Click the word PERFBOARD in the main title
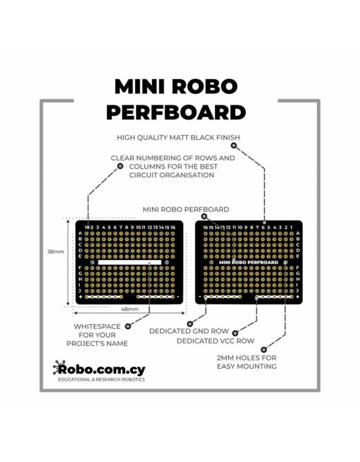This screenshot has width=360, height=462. [x=176, y=112]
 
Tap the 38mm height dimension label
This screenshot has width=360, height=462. [x=56, y=252]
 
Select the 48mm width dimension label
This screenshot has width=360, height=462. [x=130, y=309]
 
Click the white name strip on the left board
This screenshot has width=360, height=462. [x=130, y=262]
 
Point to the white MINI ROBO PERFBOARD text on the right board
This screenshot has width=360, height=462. [x=249, y=262]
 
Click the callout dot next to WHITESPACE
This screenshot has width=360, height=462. [x=128, y=326]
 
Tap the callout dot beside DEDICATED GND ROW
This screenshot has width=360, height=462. [x=190, y=324]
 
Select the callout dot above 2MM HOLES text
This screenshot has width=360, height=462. [x=264, y=350]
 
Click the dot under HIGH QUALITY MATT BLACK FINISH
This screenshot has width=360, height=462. [x=234, y=145]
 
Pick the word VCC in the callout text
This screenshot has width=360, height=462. [x=227, y=341]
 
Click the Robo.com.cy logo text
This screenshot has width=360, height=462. [x=99, y=369]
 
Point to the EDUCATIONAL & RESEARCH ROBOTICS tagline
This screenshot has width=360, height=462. [x=101, y=379]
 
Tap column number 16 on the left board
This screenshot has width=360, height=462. [x=173, y=227]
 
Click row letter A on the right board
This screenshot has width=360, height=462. [x=298, y=233]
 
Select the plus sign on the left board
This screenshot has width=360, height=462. [x=80, y=297]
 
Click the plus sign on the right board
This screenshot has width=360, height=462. [x=298, y=297]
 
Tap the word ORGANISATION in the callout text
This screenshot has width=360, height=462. [x=186, y=175]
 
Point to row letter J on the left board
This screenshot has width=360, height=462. [x=80, y=291]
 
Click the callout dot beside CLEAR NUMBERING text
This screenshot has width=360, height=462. [x=120, y=166]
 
